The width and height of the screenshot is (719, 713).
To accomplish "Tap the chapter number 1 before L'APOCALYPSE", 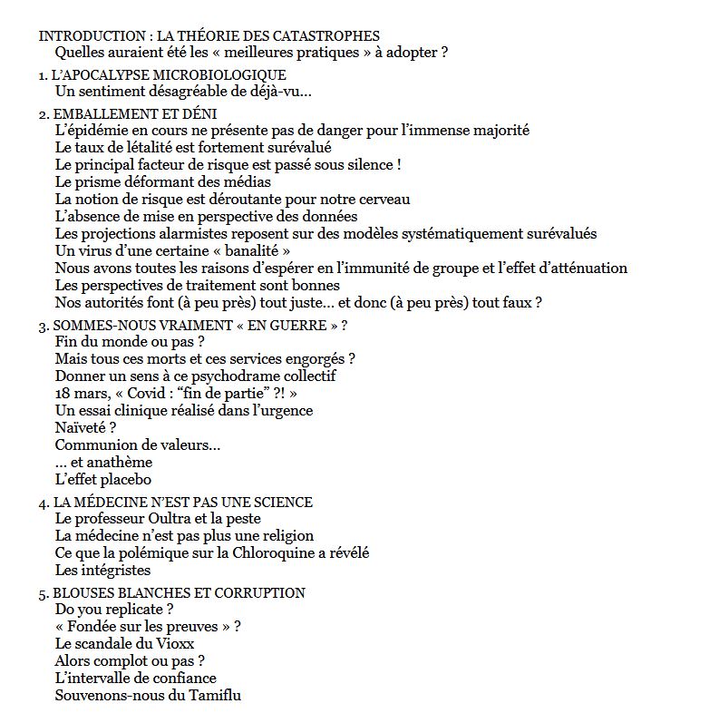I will tap(43, 75).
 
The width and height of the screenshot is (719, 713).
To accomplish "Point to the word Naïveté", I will tap(80, 428).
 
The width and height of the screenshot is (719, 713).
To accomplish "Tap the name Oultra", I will tap(165, 519).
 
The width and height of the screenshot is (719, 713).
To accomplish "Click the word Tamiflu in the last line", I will tap(214, 696).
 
